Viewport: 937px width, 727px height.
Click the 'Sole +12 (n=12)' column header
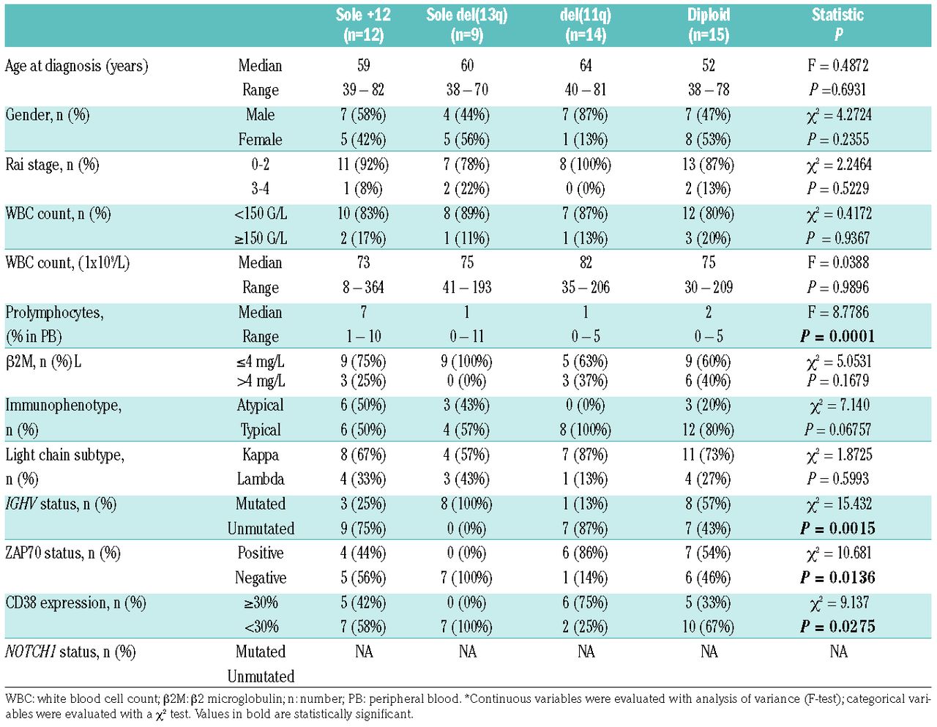[363, 25]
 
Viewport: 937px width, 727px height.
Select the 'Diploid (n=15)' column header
[709, 25]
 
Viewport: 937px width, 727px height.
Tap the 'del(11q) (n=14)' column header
[586, 25]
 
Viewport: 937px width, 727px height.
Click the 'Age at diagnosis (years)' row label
[77, 66]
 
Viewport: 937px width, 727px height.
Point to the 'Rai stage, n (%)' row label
[52, 165]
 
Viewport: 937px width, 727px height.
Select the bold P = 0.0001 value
[837, 337]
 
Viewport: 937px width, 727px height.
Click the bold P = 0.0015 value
[837, 529]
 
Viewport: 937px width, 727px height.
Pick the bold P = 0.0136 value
[837, 578]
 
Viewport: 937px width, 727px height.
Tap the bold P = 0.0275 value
[837, 627]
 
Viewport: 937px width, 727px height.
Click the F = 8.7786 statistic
[838, 313]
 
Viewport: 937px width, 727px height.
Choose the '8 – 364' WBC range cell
[363, 288]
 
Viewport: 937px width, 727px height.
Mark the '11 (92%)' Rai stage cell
[363, 165]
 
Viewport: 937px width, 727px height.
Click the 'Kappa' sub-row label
[261, 455]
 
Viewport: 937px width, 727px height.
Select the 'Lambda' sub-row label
[261, 480]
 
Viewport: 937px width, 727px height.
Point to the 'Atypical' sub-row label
[261, 406]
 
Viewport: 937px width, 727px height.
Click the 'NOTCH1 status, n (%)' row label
[70, 652]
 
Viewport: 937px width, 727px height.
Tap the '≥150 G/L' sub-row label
[261, 239]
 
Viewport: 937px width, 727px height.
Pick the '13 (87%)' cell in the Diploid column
[708, 165]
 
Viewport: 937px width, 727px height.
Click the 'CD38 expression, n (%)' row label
[75, 603]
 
